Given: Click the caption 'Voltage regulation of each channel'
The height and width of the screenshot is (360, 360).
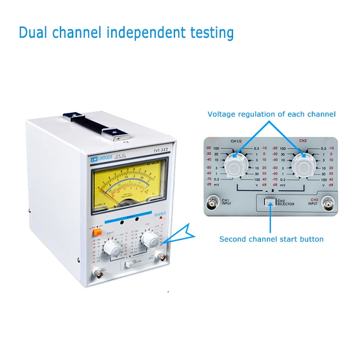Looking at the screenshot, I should coord(271,114).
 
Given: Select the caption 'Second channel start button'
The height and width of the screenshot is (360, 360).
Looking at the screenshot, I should coord(271,239).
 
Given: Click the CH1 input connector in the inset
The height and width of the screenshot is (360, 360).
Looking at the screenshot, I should coord(211,203).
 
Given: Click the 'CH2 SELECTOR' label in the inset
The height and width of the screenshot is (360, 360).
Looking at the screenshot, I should coord(286,202).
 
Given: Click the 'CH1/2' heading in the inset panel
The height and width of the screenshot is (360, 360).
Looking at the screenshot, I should coord(236,142).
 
